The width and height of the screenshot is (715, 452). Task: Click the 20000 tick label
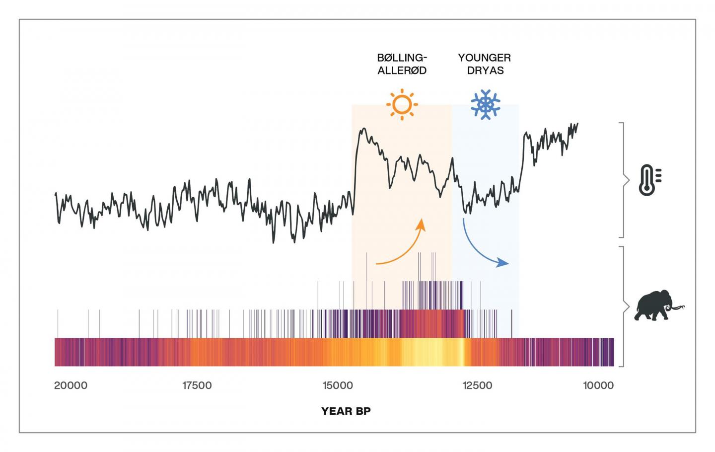pos(71,385)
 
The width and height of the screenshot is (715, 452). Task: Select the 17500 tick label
pos(197,385)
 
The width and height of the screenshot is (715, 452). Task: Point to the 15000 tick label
pos(337,385)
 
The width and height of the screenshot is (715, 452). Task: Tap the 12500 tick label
pos(477,385)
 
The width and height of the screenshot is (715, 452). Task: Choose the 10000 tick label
pos(598,385)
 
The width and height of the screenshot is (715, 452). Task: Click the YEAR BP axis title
pos(346,411)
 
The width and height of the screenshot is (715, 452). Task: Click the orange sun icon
pos(402,105)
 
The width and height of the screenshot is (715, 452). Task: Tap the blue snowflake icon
pos(485,104)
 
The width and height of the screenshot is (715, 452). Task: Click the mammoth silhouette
pos(654,306)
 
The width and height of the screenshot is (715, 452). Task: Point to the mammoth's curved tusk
pos(678,309)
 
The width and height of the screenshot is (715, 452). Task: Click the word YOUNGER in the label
pos(484,58)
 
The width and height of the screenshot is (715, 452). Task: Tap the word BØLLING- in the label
pos(402,58)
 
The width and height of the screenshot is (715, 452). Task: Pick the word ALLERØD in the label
pos(402,71)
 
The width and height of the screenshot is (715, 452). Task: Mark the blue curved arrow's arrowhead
pos(503,263)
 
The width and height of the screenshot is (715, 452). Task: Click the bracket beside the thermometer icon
pos(624,180)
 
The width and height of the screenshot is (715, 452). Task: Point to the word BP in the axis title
pos(362,411)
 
